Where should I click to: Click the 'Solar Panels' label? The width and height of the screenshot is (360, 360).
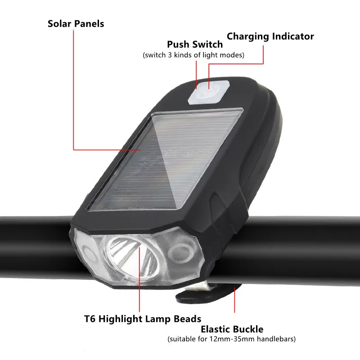tap(76, 23)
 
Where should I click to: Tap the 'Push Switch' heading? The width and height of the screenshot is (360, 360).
tap(195, 45)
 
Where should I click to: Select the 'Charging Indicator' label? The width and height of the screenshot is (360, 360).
tap(270, 36)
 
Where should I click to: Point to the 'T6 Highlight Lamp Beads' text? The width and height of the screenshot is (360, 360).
tap(143, 319)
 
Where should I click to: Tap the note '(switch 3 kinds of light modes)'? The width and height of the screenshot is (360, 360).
tap(193, 55)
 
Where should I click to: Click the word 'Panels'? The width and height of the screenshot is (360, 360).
tap(89, 23)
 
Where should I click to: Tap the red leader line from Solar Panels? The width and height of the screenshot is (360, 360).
tap(73, 90)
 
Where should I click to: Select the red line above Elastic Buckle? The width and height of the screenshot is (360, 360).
tap(234, 301)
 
